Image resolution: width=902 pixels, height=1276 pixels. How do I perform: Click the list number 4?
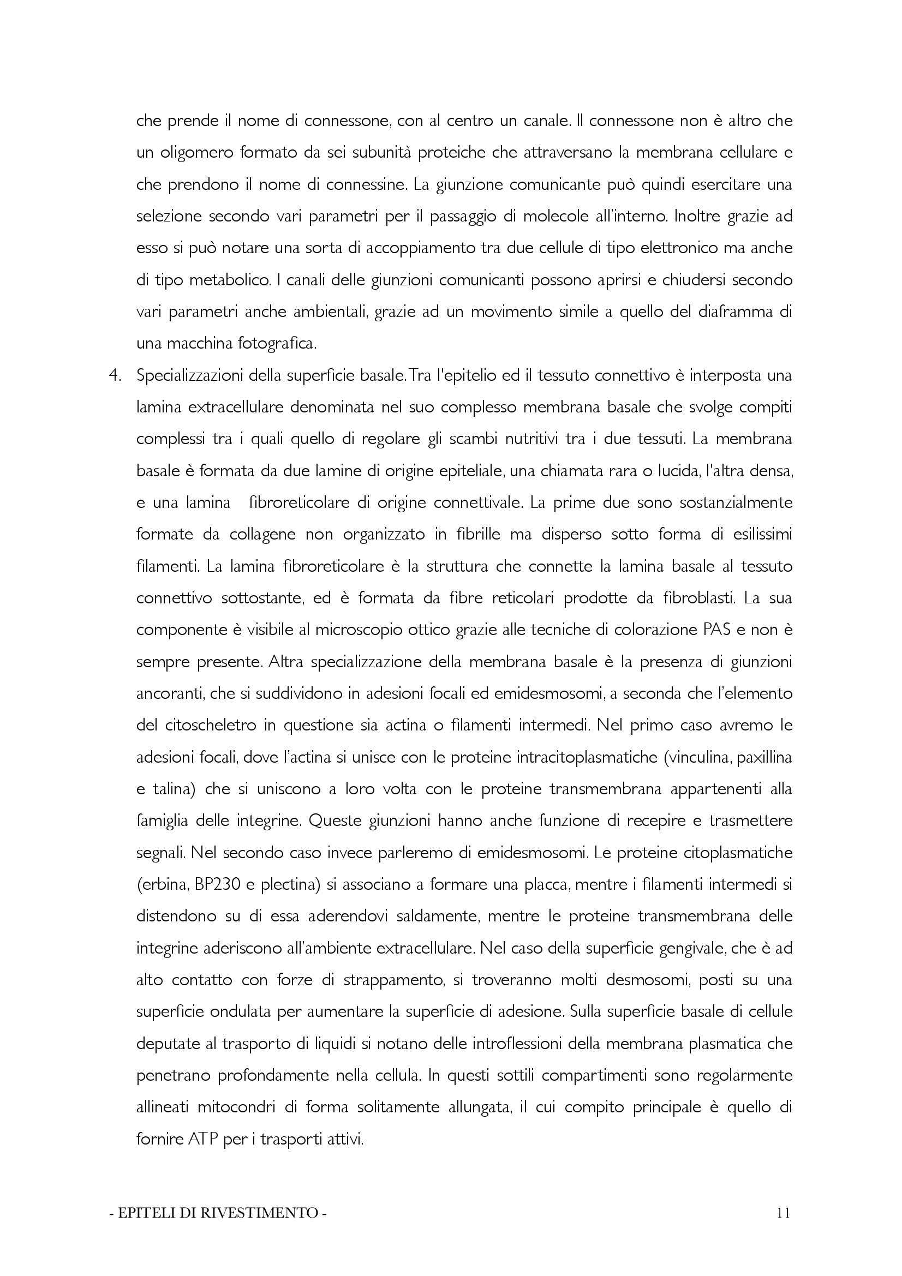115,376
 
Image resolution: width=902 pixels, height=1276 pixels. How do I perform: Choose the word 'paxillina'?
764,758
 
